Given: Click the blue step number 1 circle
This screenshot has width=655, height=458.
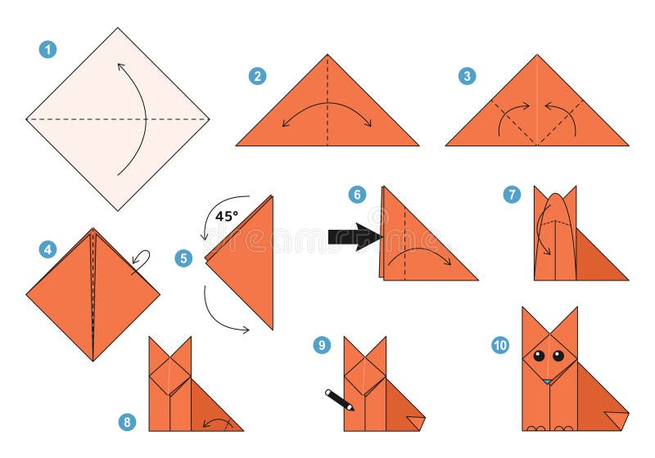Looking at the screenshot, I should tap(48, 49).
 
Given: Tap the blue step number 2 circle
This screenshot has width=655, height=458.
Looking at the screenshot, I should tap(257, 76).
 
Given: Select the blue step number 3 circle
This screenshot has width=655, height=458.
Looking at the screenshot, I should tap(467, 76).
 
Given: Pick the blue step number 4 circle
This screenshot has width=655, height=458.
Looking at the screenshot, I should tap(48, 249).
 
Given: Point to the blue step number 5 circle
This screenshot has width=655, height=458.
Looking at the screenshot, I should tap(183, 258).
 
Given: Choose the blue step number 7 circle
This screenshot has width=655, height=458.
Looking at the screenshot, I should tap(512, 194).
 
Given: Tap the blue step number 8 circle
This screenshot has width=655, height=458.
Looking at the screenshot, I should tap(127, 422).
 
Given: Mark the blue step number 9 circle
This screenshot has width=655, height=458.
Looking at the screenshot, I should tap(322, 345).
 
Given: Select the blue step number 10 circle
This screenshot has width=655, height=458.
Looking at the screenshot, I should tap(500, 345).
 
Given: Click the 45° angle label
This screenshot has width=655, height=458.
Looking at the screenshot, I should tap(228, 217).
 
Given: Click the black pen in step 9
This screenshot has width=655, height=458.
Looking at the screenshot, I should tap(339, 400).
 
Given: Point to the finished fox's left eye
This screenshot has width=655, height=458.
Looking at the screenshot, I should tap(540, 356).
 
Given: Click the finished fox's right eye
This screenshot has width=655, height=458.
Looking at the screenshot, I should tap(558, 356).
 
